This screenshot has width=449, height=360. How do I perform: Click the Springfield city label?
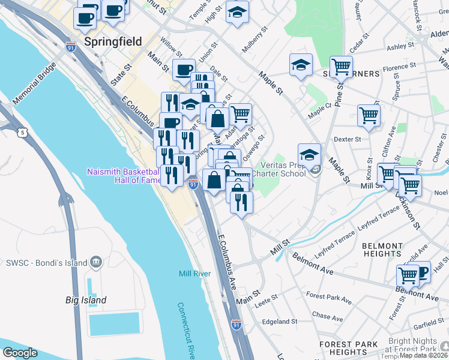pos(113,42)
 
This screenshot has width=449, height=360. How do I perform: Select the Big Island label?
pos(86,300)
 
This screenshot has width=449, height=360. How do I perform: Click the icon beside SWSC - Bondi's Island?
pos(95,262)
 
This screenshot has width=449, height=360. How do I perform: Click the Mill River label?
pos(194,274)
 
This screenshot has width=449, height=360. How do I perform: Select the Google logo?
pos(20,353)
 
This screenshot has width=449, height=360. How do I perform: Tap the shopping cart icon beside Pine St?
pos(340,67)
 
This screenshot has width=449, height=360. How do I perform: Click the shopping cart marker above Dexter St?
pos(369,115)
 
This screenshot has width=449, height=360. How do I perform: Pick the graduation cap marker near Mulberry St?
pos(238,13)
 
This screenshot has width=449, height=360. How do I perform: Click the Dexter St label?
pos(347,139)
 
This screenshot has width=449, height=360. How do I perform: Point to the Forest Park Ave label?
pos(328,296)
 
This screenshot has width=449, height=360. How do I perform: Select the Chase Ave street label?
pos(327,316)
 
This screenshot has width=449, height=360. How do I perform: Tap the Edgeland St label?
pos(280,322)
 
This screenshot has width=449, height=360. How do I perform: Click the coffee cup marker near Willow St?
pos(184,70)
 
